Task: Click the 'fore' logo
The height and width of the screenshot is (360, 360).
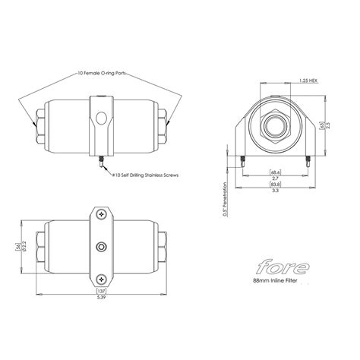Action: [x=282, y=267]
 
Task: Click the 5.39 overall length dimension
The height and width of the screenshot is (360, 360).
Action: [x=100, y=298]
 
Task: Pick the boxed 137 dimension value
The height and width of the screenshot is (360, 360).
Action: [x=100, y=290]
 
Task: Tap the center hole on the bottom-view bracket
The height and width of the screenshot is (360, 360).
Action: [x=101, y=247]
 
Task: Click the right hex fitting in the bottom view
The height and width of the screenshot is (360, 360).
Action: [x=164, y=247]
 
